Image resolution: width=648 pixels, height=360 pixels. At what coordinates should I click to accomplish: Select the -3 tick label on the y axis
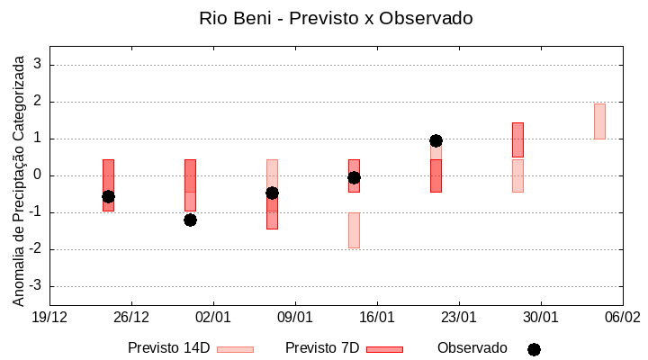point(35,286)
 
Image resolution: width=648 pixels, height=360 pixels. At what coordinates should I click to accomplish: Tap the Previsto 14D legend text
point(168,348)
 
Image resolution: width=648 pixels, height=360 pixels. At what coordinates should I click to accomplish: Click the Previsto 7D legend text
point(321,348)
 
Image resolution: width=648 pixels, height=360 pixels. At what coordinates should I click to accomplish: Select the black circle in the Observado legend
point(534,349)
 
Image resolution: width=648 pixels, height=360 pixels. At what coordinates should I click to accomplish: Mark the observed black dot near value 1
point(436,140)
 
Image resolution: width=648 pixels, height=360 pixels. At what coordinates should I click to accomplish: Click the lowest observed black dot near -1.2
point(190,220)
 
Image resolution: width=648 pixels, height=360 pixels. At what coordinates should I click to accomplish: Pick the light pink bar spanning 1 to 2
point(599,121)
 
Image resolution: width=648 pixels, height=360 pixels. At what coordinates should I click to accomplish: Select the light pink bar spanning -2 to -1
point(354,230)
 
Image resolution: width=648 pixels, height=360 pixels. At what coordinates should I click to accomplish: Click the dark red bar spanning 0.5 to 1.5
point(517,139)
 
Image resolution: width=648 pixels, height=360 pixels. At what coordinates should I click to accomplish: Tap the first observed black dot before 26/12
point(108,196)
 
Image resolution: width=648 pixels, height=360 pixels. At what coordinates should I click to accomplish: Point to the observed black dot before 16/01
point(354,177)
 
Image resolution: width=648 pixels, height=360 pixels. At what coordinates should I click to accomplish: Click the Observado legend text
point(472,348)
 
